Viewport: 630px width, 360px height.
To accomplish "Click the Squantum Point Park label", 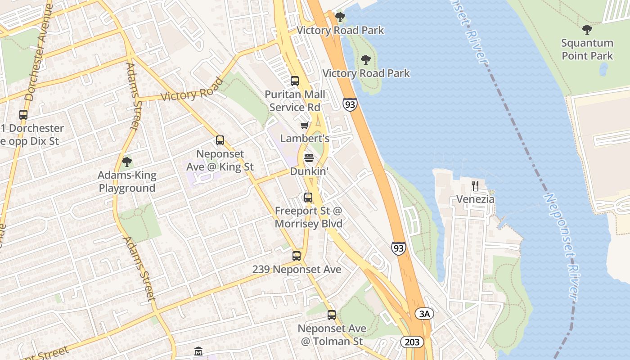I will pos(587,49).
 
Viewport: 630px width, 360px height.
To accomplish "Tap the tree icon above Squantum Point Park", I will pos(587,30).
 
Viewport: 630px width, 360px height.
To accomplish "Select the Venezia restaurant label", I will pos(475,199).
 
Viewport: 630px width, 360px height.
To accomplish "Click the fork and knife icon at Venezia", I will pos(475,185).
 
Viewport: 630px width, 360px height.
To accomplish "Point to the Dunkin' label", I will pos(309,171).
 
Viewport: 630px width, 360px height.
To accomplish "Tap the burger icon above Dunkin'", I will pos(309,158).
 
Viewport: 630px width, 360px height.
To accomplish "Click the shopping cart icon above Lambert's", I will pos(305,126).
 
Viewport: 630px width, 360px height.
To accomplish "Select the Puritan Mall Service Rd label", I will pos(295,101).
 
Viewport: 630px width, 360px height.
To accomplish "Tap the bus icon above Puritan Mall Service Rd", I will pos(295,81).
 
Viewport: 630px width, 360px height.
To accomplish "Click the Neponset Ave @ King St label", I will pos(220,161).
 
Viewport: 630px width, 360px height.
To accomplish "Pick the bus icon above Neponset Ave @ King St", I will pos(220,140).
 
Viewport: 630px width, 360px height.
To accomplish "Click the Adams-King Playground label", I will pos(127,182).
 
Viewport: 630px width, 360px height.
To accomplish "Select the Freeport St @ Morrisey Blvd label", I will pos(309,217).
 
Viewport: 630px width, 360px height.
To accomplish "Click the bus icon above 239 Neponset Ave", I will pos(297,256).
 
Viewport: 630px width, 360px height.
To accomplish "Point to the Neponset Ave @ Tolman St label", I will pos(332,335).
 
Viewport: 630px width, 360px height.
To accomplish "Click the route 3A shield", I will pos(424,314).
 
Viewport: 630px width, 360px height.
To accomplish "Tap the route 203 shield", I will pos(412,342).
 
